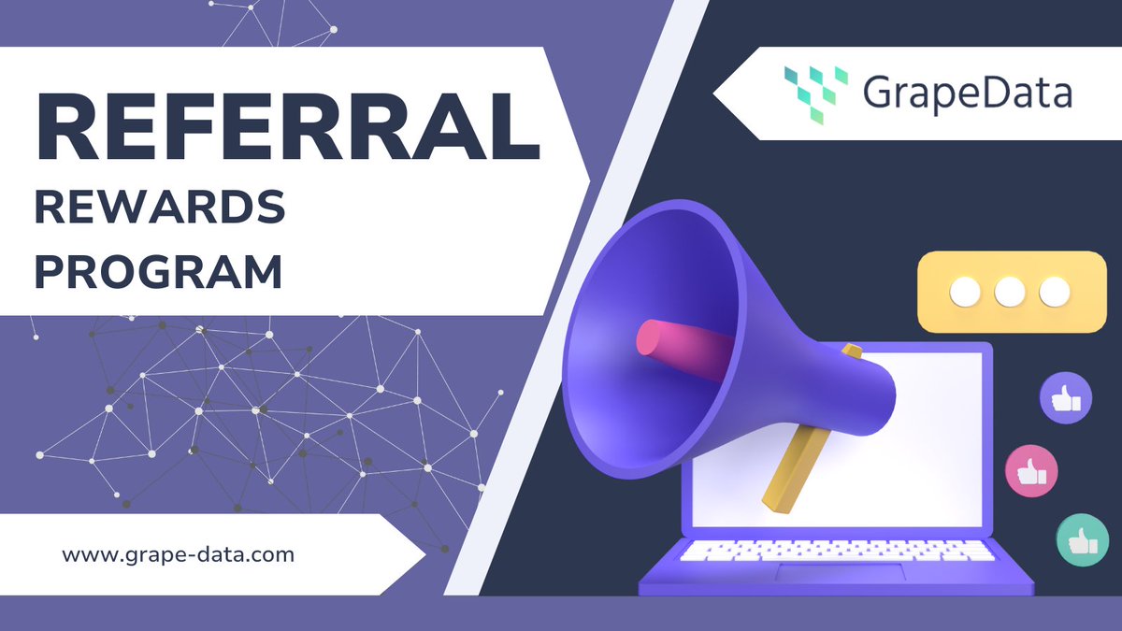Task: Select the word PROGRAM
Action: pyautogui.click(x=158, y=272)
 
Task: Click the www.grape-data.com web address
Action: pyautogui.click(x=179, y=554)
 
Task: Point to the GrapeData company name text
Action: pyautogui.click(x=967, y=94)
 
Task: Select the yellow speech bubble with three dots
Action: pyautogui.click(x=1010, y=292)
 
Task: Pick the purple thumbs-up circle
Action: pyautogui.click(x=1066, y=398)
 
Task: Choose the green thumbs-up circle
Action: pyautogui.click(x=1083, y=539)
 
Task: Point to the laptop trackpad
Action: pyautogui.click(x=841, y=573)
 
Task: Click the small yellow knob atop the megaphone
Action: pyautogui.click(x=852, y=351)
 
